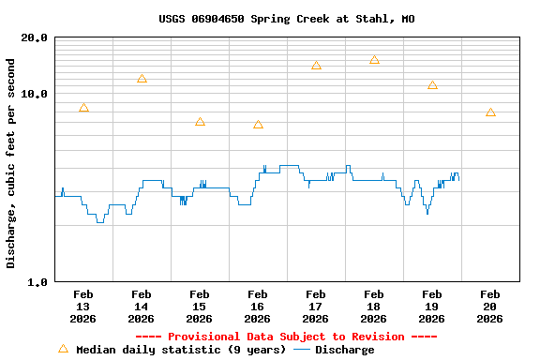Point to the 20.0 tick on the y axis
[x=35, y=37]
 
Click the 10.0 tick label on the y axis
[x=35, y=94]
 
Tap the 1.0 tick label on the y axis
[x=37, y=281]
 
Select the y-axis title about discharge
[x=11, y=163]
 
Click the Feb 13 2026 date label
[x=82, y=306]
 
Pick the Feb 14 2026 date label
[x=141, y=306]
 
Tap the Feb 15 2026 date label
[x=199, y=306]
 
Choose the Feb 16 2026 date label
[x=257, y=306]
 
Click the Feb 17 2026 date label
[x=315, y=306]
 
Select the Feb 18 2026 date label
[x=373, y=306]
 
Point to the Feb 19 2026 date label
[x=431, y=306]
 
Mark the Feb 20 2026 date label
[x=489, y=306]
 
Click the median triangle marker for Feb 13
[x=83, y=108]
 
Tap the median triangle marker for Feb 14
[x=142, y=79]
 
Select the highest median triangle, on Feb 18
[x=374, y=59]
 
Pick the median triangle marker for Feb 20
[x=490, y=112]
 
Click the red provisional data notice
[x=286, y=337]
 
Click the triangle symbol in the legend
[x=63, y=349]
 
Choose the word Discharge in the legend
[x=344, y=350]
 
